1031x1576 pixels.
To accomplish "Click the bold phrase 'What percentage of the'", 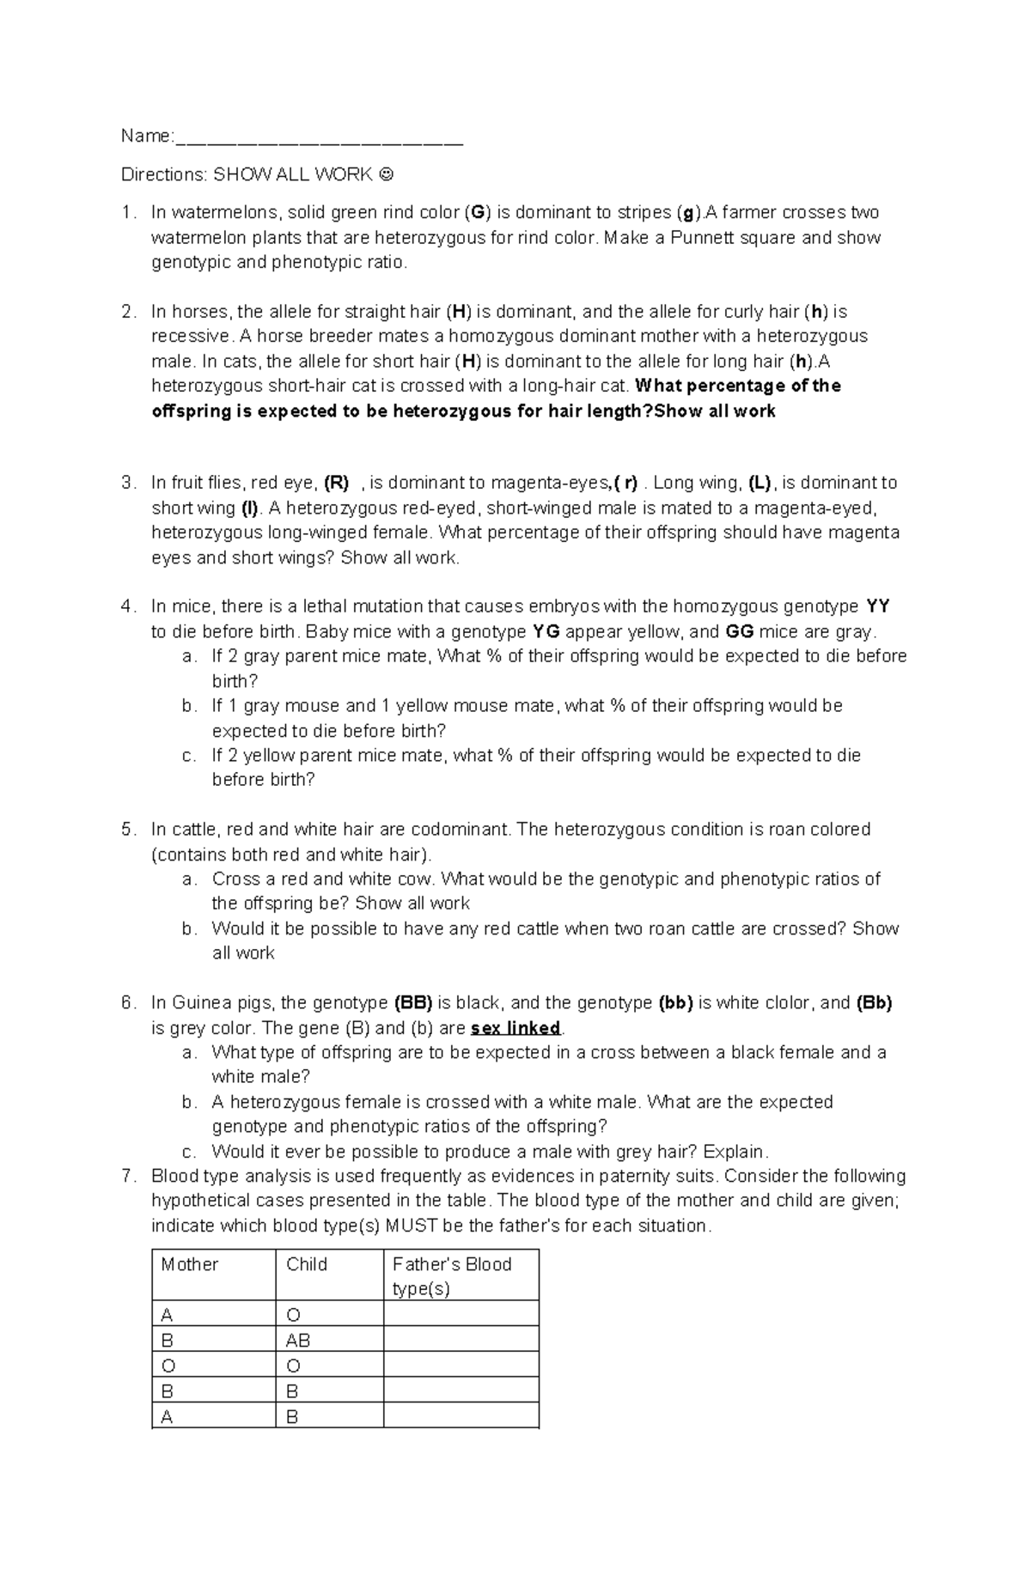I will tap(737, 386).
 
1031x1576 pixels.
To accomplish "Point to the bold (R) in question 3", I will tap(336, 483).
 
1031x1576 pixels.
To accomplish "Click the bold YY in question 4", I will tap(877, 606).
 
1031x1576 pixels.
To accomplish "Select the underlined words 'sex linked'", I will tap(516, 1028).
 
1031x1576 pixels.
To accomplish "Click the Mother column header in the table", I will tap(190, 1264).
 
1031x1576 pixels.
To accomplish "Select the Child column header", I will tap(307, 1264).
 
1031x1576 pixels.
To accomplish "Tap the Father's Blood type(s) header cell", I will tap(461, 1275).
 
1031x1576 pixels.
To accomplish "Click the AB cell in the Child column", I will tap(298, 1341).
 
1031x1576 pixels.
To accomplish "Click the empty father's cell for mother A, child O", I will tap(461, 1314).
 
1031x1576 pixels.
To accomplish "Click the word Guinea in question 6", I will tap(196, 1003).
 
